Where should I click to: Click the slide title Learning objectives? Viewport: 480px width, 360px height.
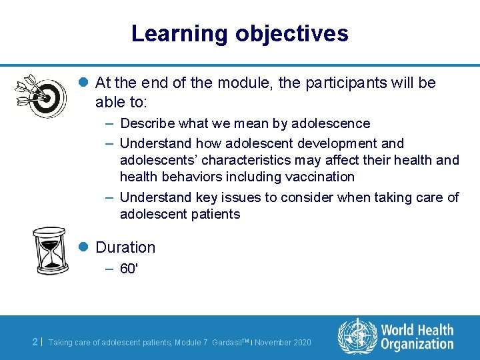[x=239, y=33]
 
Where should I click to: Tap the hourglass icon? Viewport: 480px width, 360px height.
[x=49, y=251]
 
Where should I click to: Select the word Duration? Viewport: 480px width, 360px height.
[x=125, y=247]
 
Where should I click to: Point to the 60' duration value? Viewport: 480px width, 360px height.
[x=129, y=269]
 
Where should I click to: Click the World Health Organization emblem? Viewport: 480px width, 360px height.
[x=357, y=336]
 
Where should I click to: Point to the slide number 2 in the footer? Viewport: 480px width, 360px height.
[x=35, y=341]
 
